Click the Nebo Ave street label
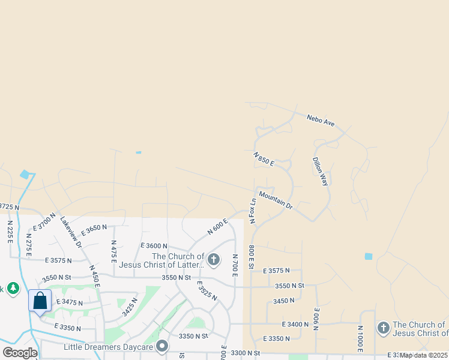click(320, 121)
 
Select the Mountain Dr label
click(276, 200)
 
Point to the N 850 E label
click(264, 158)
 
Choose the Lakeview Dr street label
click(71, 232)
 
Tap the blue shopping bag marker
click(40, 301)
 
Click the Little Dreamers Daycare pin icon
click(162, 346)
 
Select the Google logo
click(20, 353)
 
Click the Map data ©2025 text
click(423, 355)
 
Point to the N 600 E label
click(218, 226)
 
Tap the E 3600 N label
click(154, 246)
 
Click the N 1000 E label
click(360, 340)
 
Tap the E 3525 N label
click(206, 290)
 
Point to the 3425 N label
click(130, 307)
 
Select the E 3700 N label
click(44, 221)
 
